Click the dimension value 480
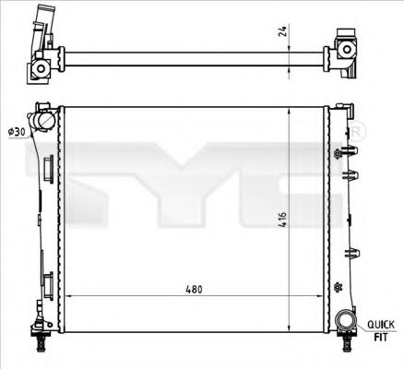point(193,288)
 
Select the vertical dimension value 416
point(282,220)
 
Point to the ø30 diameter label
point(16,133)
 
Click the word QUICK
point(382,324)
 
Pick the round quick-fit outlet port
point(346,321)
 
